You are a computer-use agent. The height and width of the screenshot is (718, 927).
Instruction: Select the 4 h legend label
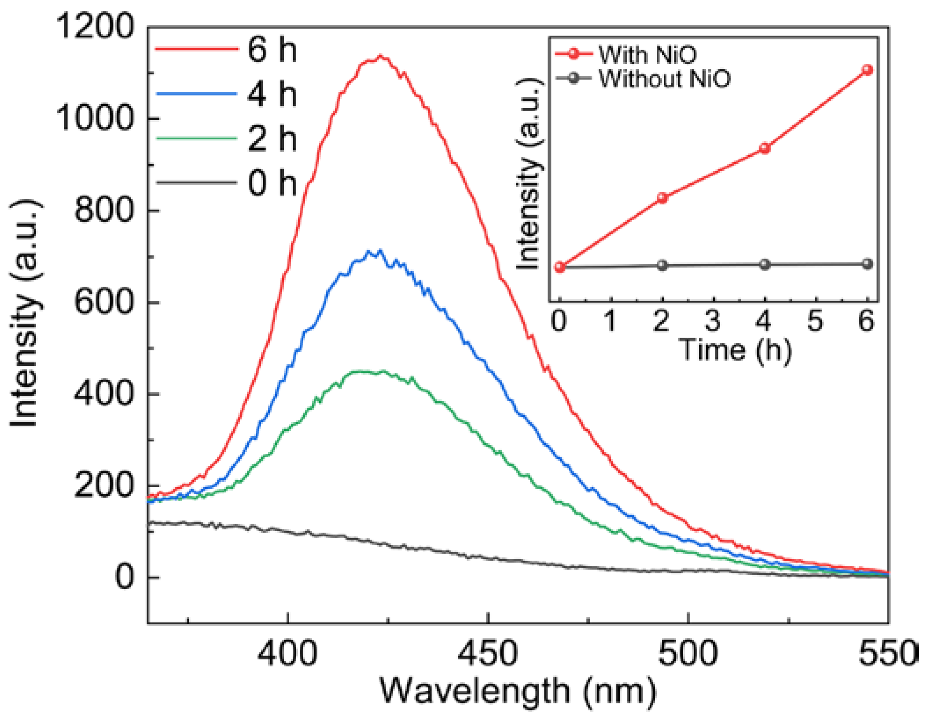(x=272, y=94)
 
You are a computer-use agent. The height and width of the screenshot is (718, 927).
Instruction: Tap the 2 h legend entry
(x=272, y=138)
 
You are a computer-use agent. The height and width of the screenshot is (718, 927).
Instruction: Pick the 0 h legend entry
(x=272, y=183)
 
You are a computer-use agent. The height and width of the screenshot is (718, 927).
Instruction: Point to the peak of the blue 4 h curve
(x=380, y=251)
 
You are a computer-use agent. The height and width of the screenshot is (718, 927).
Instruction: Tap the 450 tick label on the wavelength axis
(x=487, y=654)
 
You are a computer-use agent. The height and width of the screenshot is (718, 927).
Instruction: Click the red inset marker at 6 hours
(x=867, y=70)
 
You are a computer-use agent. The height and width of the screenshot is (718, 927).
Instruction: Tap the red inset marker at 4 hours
(x=765, y=148)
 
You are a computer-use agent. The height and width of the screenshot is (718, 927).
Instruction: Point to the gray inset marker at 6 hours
(x=867, y=264)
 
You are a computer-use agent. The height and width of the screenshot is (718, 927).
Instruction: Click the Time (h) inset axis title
(x=735, y=350)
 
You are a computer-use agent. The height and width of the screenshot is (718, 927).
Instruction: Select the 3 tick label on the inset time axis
(x=713, y=321)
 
